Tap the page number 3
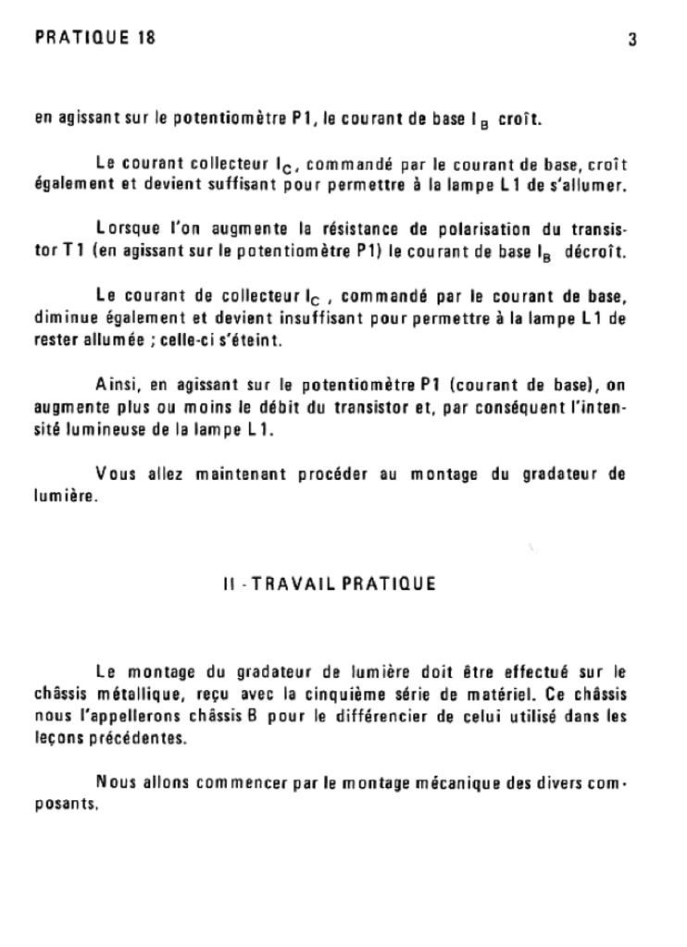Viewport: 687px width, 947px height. [632, 40]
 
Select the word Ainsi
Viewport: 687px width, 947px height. [115, 385]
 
